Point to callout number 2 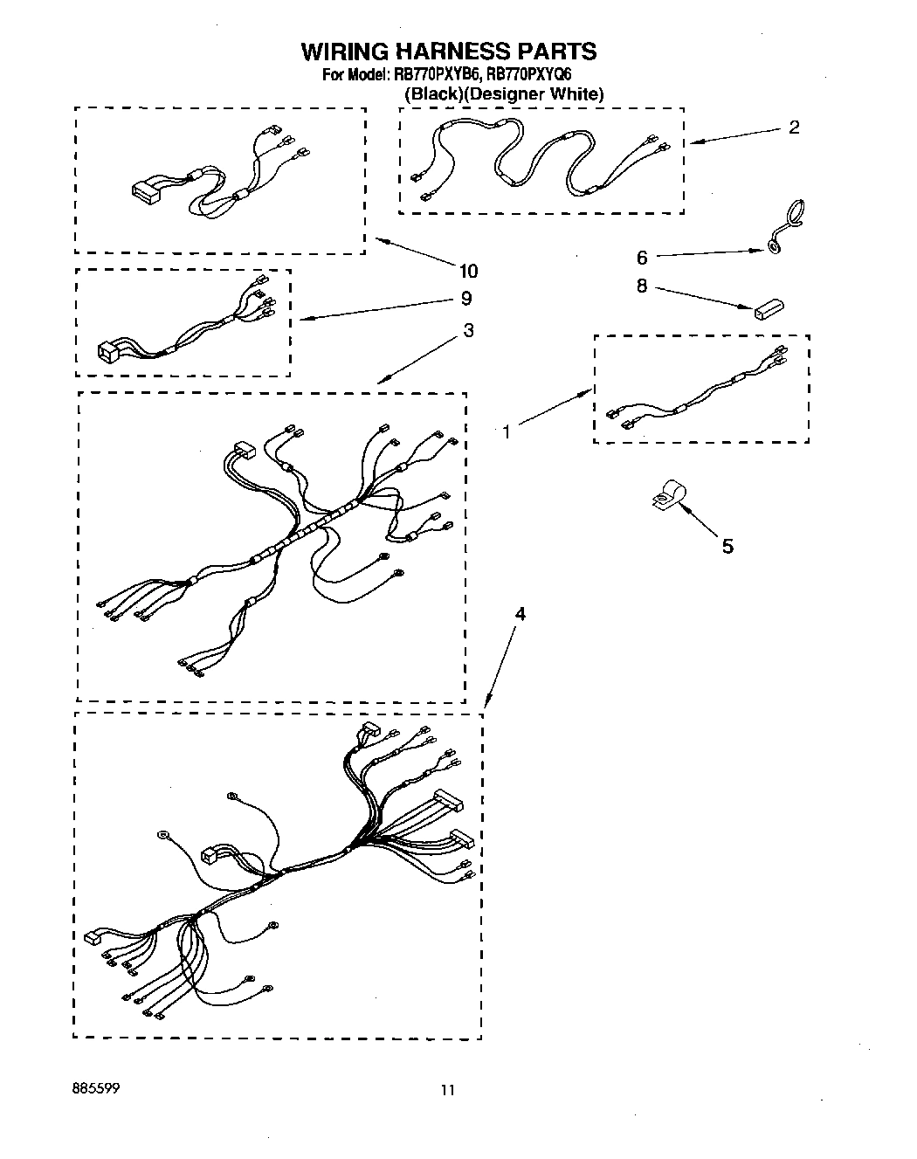[793, 128]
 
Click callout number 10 [468, 271]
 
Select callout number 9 [466, 300]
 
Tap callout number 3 [469, 331]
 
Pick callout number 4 [520, 614]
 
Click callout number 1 [507, 431]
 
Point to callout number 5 [727, 547]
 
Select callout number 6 [642, 258]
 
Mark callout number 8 [642, 286]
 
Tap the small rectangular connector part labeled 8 [768, 307]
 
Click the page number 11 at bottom [447, 1090]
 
